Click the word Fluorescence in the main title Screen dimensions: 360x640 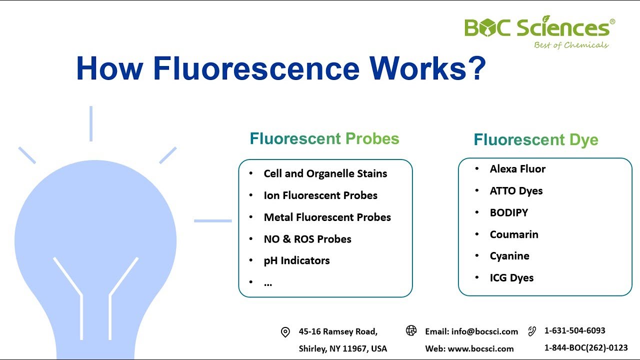256,68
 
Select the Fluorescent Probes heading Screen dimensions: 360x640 324,138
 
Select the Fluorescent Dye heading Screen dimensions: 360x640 536,139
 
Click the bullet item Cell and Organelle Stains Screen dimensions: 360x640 325,173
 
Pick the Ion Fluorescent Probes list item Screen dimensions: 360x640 320,195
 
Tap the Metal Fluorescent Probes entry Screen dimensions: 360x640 327,217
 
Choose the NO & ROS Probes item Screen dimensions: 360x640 307,239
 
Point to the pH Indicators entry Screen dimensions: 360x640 296,260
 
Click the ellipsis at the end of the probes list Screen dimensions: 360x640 268,283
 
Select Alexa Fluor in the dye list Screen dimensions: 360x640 517,169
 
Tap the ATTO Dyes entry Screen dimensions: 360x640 516,190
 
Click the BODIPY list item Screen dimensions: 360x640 508,212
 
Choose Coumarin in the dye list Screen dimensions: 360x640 513,234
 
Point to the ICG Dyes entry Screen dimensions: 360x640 511,278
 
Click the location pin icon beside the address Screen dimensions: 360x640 285,332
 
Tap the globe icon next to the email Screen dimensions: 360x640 411,330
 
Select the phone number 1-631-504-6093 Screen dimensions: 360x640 574,330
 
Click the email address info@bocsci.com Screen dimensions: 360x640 484,331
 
